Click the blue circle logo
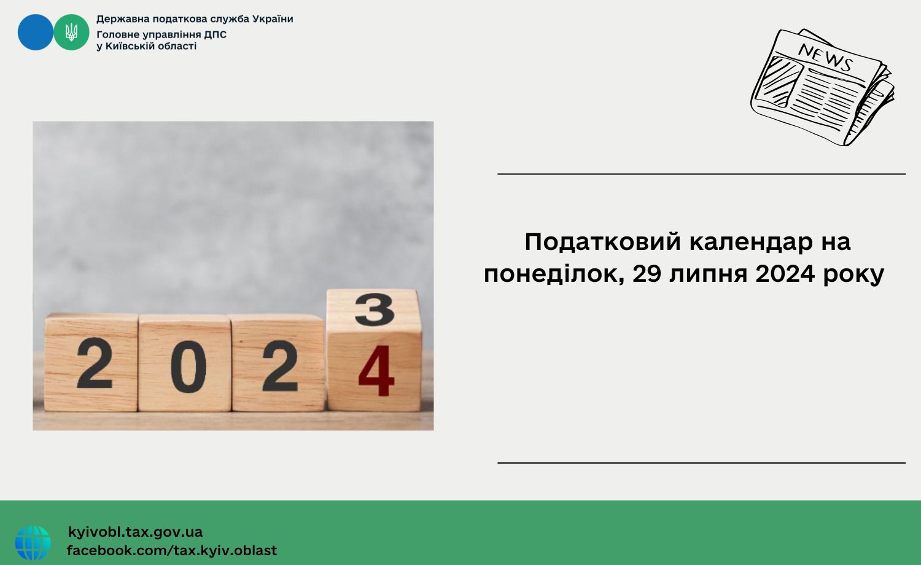point(36,32)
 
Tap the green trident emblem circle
point(72,32)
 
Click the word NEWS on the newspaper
point(825,57)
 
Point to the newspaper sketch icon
point(822,87)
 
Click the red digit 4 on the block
point(376,371)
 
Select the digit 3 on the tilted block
point(375,310)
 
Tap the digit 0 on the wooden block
point(188,367)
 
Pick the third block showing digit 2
point(279,365)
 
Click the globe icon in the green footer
point(33,543)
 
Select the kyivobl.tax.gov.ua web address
point(135,532)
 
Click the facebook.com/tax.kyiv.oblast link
point(172,551)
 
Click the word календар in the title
point(751,242)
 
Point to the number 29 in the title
point(647,274)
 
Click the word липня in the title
point(708,275)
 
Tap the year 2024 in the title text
point(785,274)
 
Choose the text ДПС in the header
point(215,34)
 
